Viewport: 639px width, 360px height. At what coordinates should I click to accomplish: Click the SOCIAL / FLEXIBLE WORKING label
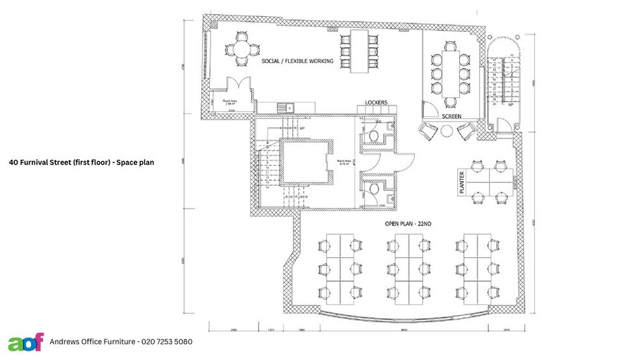click(x=297, y=61)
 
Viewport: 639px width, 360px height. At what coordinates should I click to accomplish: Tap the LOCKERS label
click(x=376, y=103)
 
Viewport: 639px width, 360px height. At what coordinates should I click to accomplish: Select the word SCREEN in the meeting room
click(x=451, y=116)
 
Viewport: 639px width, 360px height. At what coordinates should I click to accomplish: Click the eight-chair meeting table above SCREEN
click(x=451, y=69)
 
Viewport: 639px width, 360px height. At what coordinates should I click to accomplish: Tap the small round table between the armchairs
click(x=447, y=131)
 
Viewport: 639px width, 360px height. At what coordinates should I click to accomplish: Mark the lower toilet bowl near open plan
click(x=374, y=188)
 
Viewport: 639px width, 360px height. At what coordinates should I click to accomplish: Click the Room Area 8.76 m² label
click(x=344, y=162)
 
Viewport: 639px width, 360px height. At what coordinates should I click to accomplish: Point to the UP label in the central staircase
click(x=301, y=129)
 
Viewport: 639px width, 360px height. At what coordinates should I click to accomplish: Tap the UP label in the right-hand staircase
click(x=511, y=104)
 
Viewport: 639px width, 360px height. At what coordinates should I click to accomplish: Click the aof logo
click(x=26, y=341)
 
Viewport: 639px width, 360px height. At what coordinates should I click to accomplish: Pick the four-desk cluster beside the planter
click(x=487, y=182)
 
